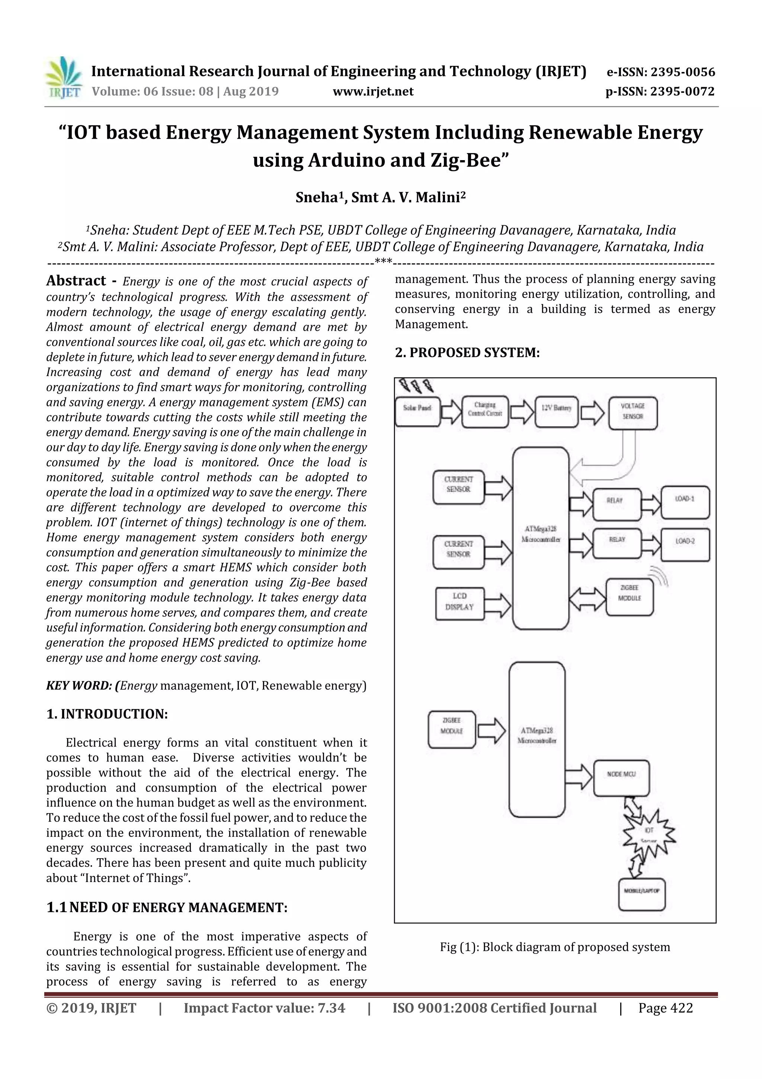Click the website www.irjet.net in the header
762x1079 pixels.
[x=373, y=91]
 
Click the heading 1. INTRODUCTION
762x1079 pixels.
[x=107, y=714]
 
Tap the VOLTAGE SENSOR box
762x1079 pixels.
[x=633, y=413]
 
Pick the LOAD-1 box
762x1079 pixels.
[x=685, y=502]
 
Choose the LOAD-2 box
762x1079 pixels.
[x=685, y=544]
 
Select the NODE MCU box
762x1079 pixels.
[x=621, y=778]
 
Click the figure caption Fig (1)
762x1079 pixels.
[x=554, y=947]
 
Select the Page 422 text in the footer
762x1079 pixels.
[x=665, y=1008]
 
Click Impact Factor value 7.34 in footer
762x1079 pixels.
[x=264, y=1008]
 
